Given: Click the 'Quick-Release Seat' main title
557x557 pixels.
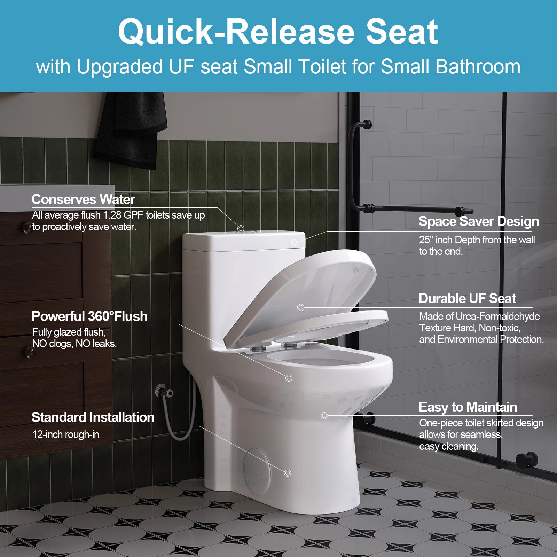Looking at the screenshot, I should pyautogui.click(x=278, y=32).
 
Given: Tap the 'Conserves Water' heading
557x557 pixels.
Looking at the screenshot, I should pyautogui.click(x=83, y=199).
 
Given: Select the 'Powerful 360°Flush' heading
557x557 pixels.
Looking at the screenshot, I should pyautogui.click(x=89, y=316).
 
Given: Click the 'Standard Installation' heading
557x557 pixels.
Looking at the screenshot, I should pyautogui.click(x=93, y=417).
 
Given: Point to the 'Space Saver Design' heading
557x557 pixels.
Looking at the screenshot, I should pyautogui.click(x=479, y=221).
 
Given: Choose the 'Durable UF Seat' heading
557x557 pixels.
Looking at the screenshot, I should pyautogui.click(x=467, y=299).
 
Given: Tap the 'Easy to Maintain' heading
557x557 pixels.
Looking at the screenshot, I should pyautogui.click(x=468, y=407).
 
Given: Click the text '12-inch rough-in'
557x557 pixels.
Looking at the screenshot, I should pyautogui.click(x=66, y=434).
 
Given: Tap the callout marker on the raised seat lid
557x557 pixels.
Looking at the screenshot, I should pyautogui.click(x=301, y=307).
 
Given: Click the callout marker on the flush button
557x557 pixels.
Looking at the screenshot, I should pyautogui.click(x=241, y=229).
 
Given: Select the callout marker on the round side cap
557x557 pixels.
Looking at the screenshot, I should pyautogui.click(x=288, y=473).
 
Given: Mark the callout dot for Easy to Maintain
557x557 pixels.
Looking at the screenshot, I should pyautogui.click(x=324, y=415).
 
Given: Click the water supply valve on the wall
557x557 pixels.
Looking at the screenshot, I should pyautogui.click(x=164, y=391).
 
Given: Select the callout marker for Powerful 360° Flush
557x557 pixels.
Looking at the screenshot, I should pyautogui.click(x=289, y=378).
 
